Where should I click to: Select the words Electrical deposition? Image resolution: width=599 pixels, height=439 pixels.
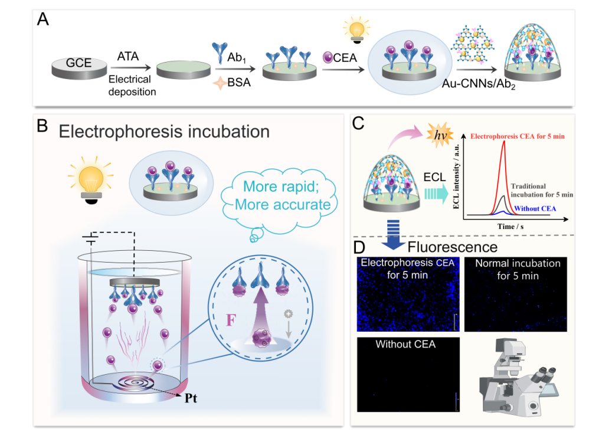(x=129, y=86)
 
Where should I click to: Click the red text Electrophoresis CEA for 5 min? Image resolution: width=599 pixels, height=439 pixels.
(x=518, y=136)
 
